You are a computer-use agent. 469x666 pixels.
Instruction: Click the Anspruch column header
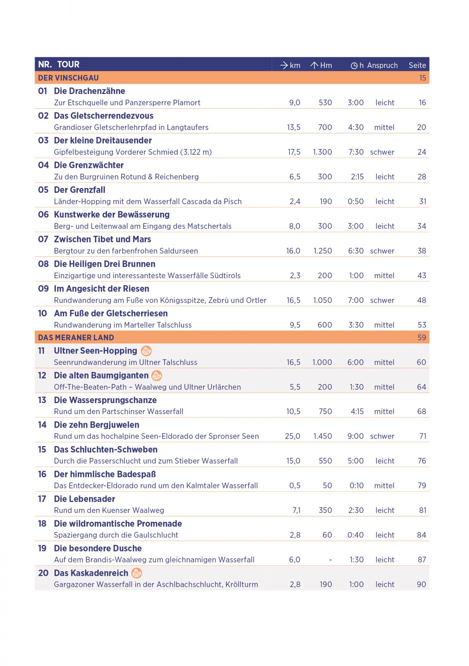(x=382, y=65)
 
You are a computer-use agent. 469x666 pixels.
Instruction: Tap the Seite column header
(x=417, y=65)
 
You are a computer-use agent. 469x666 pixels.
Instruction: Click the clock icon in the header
(x=354, y=66)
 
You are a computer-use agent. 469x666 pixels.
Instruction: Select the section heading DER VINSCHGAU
(x=68, y=78)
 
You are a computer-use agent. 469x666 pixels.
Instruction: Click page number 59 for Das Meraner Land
(x=422, y=338)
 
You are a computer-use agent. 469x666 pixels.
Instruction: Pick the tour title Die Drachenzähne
(x=89, y=91)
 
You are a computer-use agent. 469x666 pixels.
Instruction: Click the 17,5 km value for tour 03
(x=294, y=152)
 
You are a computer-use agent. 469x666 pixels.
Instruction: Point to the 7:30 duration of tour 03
(x=356, y=152)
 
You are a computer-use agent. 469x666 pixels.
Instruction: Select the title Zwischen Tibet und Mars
(x=102, y=239)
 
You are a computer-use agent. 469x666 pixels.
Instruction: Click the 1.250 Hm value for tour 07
(x=323, y=251)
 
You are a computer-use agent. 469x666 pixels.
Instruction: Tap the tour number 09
(x=43, y=289)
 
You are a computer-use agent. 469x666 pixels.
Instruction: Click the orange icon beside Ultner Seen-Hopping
(x=146, y=351)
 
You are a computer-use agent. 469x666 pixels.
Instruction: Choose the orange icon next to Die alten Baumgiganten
(x=157, y=376)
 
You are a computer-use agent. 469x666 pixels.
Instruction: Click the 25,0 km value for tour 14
(x=293, y=436)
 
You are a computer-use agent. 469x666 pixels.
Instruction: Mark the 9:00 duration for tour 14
(x=356, y=436)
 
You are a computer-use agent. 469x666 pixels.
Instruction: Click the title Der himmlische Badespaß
(x=105, y=474)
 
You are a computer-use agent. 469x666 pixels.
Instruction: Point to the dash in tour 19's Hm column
(x=330, y=560)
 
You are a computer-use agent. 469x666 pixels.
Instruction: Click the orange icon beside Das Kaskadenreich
(x=137, y=573)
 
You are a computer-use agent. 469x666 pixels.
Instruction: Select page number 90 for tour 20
(x=421, y=584)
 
